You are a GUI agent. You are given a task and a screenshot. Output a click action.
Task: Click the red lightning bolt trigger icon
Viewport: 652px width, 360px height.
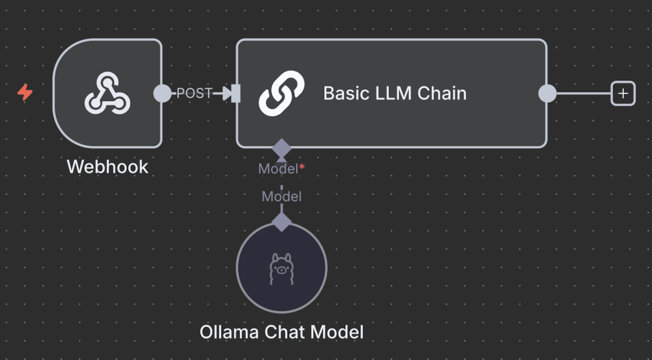coord(25,93)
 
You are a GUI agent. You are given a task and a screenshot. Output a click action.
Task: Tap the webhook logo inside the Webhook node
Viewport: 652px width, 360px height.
coord(107,93)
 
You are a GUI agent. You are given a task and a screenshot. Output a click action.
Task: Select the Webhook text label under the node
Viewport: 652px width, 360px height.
coord(107,167)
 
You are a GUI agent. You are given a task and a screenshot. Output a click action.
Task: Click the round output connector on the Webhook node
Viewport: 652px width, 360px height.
coord(162,93)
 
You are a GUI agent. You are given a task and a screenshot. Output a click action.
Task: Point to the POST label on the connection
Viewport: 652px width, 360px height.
coord(194,93)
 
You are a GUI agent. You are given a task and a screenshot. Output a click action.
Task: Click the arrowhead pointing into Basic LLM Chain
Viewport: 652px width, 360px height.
coord(226,94)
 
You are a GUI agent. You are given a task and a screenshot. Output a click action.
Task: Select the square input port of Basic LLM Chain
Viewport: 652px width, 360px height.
coord(236,94)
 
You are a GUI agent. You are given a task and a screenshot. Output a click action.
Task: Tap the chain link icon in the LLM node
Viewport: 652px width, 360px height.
coord(281,93)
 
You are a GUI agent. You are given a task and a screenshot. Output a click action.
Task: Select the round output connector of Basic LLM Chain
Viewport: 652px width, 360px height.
coord(547,94)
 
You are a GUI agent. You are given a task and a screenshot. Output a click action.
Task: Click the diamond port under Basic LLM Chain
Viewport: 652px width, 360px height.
coord(281,148)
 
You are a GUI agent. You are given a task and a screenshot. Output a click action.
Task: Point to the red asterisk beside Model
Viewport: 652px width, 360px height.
coord(302,168)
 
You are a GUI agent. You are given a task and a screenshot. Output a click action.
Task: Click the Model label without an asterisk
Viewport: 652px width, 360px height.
coord(281,197)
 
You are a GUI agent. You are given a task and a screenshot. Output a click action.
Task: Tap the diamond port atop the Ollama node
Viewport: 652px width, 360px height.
coord(281,222)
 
